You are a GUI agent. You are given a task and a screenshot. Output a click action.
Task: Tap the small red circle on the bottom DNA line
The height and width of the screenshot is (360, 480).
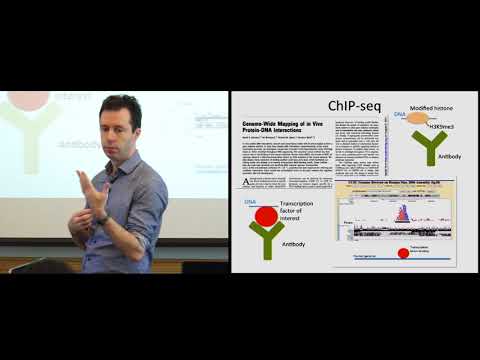403,253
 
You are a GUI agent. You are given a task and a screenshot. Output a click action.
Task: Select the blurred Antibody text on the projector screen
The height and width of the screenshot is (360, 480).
78,143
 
